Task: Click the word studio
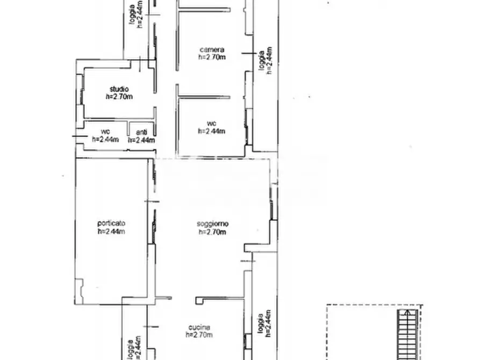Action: click(x=119, y=89)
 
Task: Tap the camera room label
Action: click(x=212, y=49)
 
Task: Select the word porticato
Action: click(x=111, y=223)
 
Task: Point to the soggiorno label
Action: click(x=212, y=224)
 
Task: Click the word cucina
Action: click(x=199, y=327)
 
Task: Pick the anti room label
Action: click(x=141, y=132)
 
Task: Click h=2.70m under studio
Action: click(x=119, y=97)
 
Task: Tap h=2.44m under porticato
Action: click(x=111, y=232)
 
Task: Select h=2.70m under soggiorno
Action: click(x=212, y=232)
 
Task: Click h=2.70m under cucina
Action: click(x=199, y=335)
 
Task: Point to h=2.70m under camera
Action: click(x=212, y=57)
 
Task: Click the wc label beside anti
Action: click(x=105, y=132)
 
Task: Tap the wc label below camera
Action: click(x=212, y=124)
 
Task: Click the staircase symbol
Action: click(x=407, y=335)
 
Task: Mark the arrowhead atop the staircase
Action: click(x=407, y=312)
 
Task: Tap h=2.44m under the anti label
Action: click(x=141, y=140)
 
